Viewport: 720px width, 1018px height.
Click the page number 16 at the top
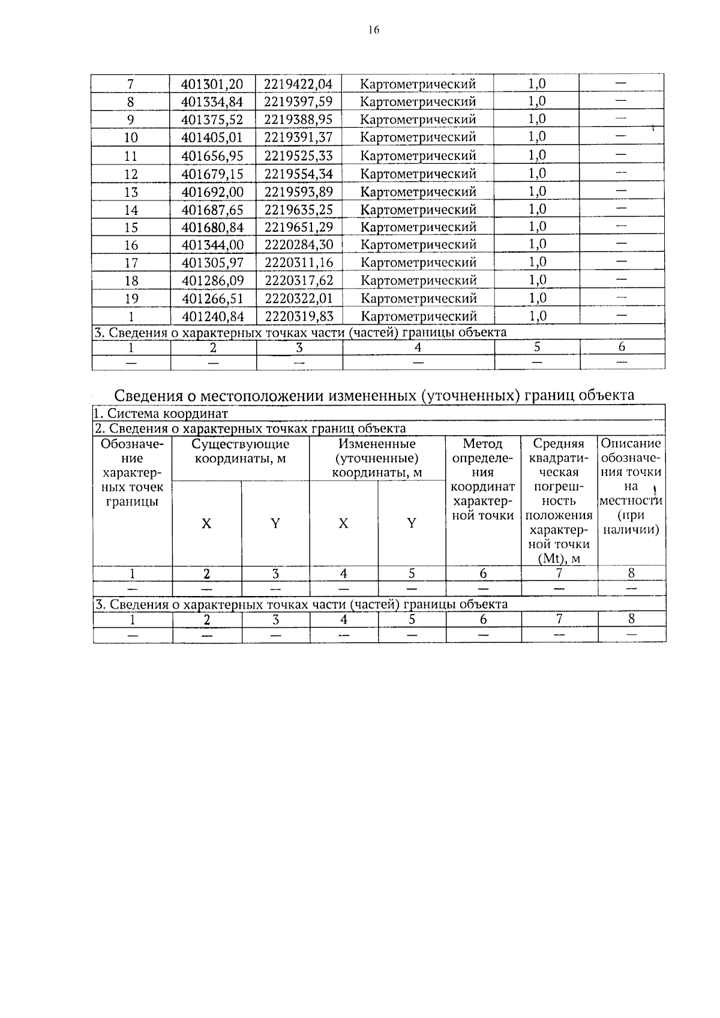tap(374, 31)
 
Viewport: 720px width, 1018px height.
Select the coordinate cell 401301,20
tap(212, 84)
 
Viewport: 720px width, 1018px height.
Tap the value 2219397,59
tap(298, 101)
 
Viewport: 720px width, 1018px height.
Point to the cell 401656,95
tap(212, 156)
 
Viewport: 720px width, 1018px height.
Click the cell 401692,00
tap(212, 192)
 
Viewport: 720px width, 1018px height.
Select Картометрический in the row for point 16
tap(419, 245)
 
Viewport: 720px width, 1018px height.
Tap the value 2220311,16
tap(298, 263)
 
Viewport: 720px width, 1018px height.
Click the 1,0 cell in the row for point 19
tap(537, 298)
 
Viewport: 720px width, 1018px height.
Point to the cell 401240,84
tap(212, 316)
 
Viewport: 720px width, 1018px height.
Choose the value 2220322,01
tap(298, 298)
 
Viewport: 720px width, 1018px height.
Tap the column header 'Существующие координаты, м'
tap(240, 451)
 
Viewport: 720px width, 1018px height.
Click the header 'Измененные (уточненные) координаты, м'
tap(377, 458)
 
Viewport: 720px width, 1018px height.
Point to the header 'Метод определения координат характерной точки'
tap(483, 479)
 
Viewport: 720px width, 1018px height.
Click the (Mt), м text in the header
tap(559, 559)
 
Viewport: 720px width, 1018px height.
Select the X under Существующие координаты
tap(206, 523)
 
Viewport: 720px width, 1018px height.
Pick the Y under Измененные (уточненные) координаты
tap(412, 523)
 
